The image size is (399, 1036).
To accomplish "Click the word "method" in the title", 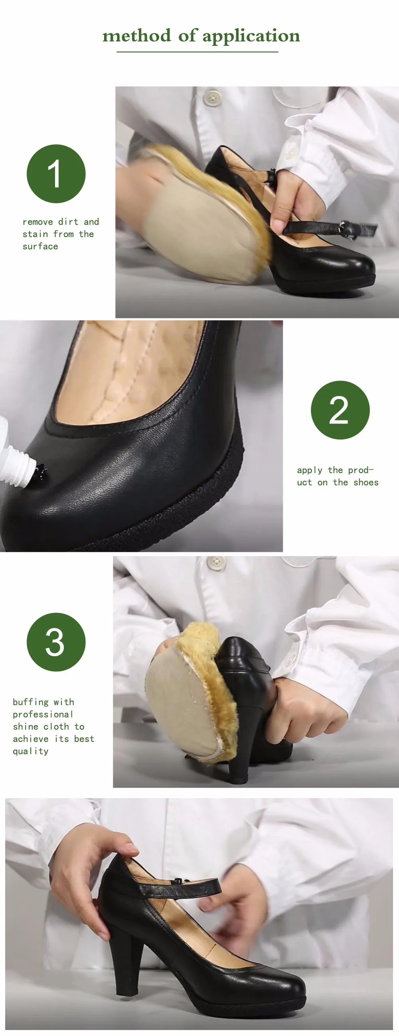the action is [136, 36].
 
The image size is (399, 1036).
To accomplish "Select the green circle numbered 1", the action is [56, 174].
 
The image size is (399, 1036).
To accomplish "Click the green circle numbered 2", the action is [340, 410].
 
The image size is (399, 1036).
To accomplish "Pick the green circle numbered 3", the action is [56, 642].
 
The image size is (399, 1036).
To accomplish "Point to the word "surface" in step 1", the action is [40, 247].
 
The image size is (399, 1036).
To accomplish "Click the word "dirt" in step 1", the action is [68, 222].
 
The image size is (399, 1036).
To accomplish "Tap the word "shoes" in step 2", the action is [366, 482].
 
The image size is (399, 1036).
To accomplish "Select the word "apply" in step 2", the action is [310, 471].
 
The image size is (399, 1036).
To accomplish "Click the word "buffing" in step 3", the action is [31, 702].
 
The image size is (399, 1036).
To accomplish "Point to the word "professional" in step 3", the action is [43, 715].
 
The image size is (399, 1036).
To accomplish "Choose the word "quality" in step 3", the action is [31, 751].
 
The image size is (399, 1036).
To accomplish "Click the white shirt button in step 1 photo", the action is [212, 97].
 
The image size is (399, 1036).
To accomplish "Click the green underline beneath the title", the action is [197, 52].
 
